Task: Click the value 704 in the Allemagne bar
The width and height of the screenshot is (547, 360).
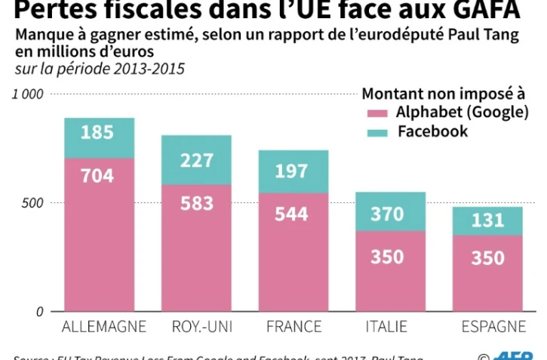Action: coord(99,177)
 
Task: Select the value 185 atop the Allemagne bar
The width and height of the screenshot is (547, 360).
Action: coord(99,133)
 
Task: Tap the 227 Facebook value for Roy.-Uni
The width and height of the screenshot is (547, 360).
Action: coord(196,161)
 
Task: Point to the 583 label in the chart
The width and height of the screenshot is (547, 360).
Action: coord(196,204)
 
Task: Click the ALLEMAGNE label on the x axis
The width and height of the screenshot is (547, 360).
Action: coord(99,327)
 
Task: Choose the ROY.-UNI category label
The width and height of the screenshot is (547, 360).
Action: coord(195,327)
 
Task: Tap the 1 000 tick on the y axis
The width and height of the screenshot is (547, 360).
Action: coord(28,94)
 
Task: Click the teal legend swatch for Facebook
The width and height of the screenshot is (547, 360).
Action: coord(376,133)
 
